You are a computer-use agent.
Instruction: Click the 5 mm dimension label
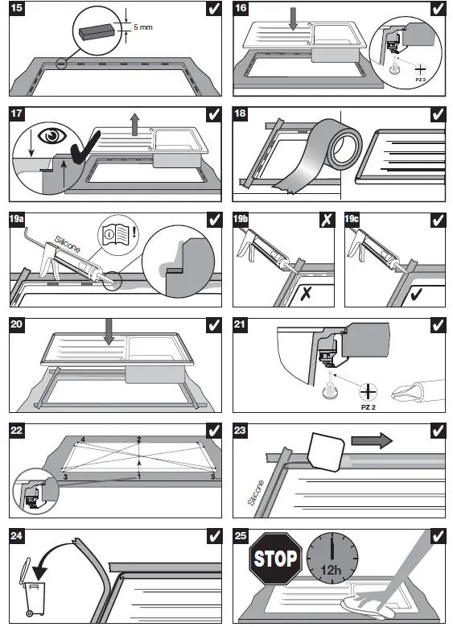pyautogui.click(x=142, y=27)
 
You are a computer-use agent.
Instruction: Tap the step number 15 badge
pyautogui.click(x=16, y=7)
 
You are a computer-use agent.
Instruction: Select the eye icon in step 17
pyautogui.click(x=52, y=135)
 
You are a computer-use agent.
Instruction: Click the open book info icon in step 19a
pyautogui.click(x=115, y=233)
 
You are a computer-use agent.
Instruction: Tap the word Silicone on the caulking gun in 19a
pyautogui.click(x=68, y=245)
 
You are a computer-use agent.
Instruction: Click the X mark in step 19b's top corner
pyautogui.click(x=327, y=220)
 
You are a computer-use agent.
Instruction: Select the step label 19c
pyautogui.click(x=352, y=219)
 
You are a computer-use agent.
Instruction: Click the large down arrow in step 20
pyautogui.click(x=109, y=332)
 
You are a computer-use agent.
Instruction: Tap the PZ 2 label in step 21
pyautogui.click(x=369, y=407)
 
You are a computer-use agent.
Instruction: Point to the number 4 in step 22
pyautogui.click(x=83, y=439)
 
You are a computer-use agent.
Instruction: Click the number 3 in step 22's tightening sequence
pyautogui.click(x=65, y=476)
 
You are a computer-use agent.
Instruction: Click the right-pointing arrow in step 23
pyautogui.click(x=372, y=440)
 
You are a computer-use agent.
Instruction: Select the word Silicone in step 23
pyautogui.click(x=257, y=493)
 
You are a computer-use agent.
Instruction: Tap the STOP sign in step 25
pyautogui.click(x=275, y=559)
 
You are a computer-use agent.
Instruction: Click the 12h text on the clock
pyautogui.click(x=331, y=569)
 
